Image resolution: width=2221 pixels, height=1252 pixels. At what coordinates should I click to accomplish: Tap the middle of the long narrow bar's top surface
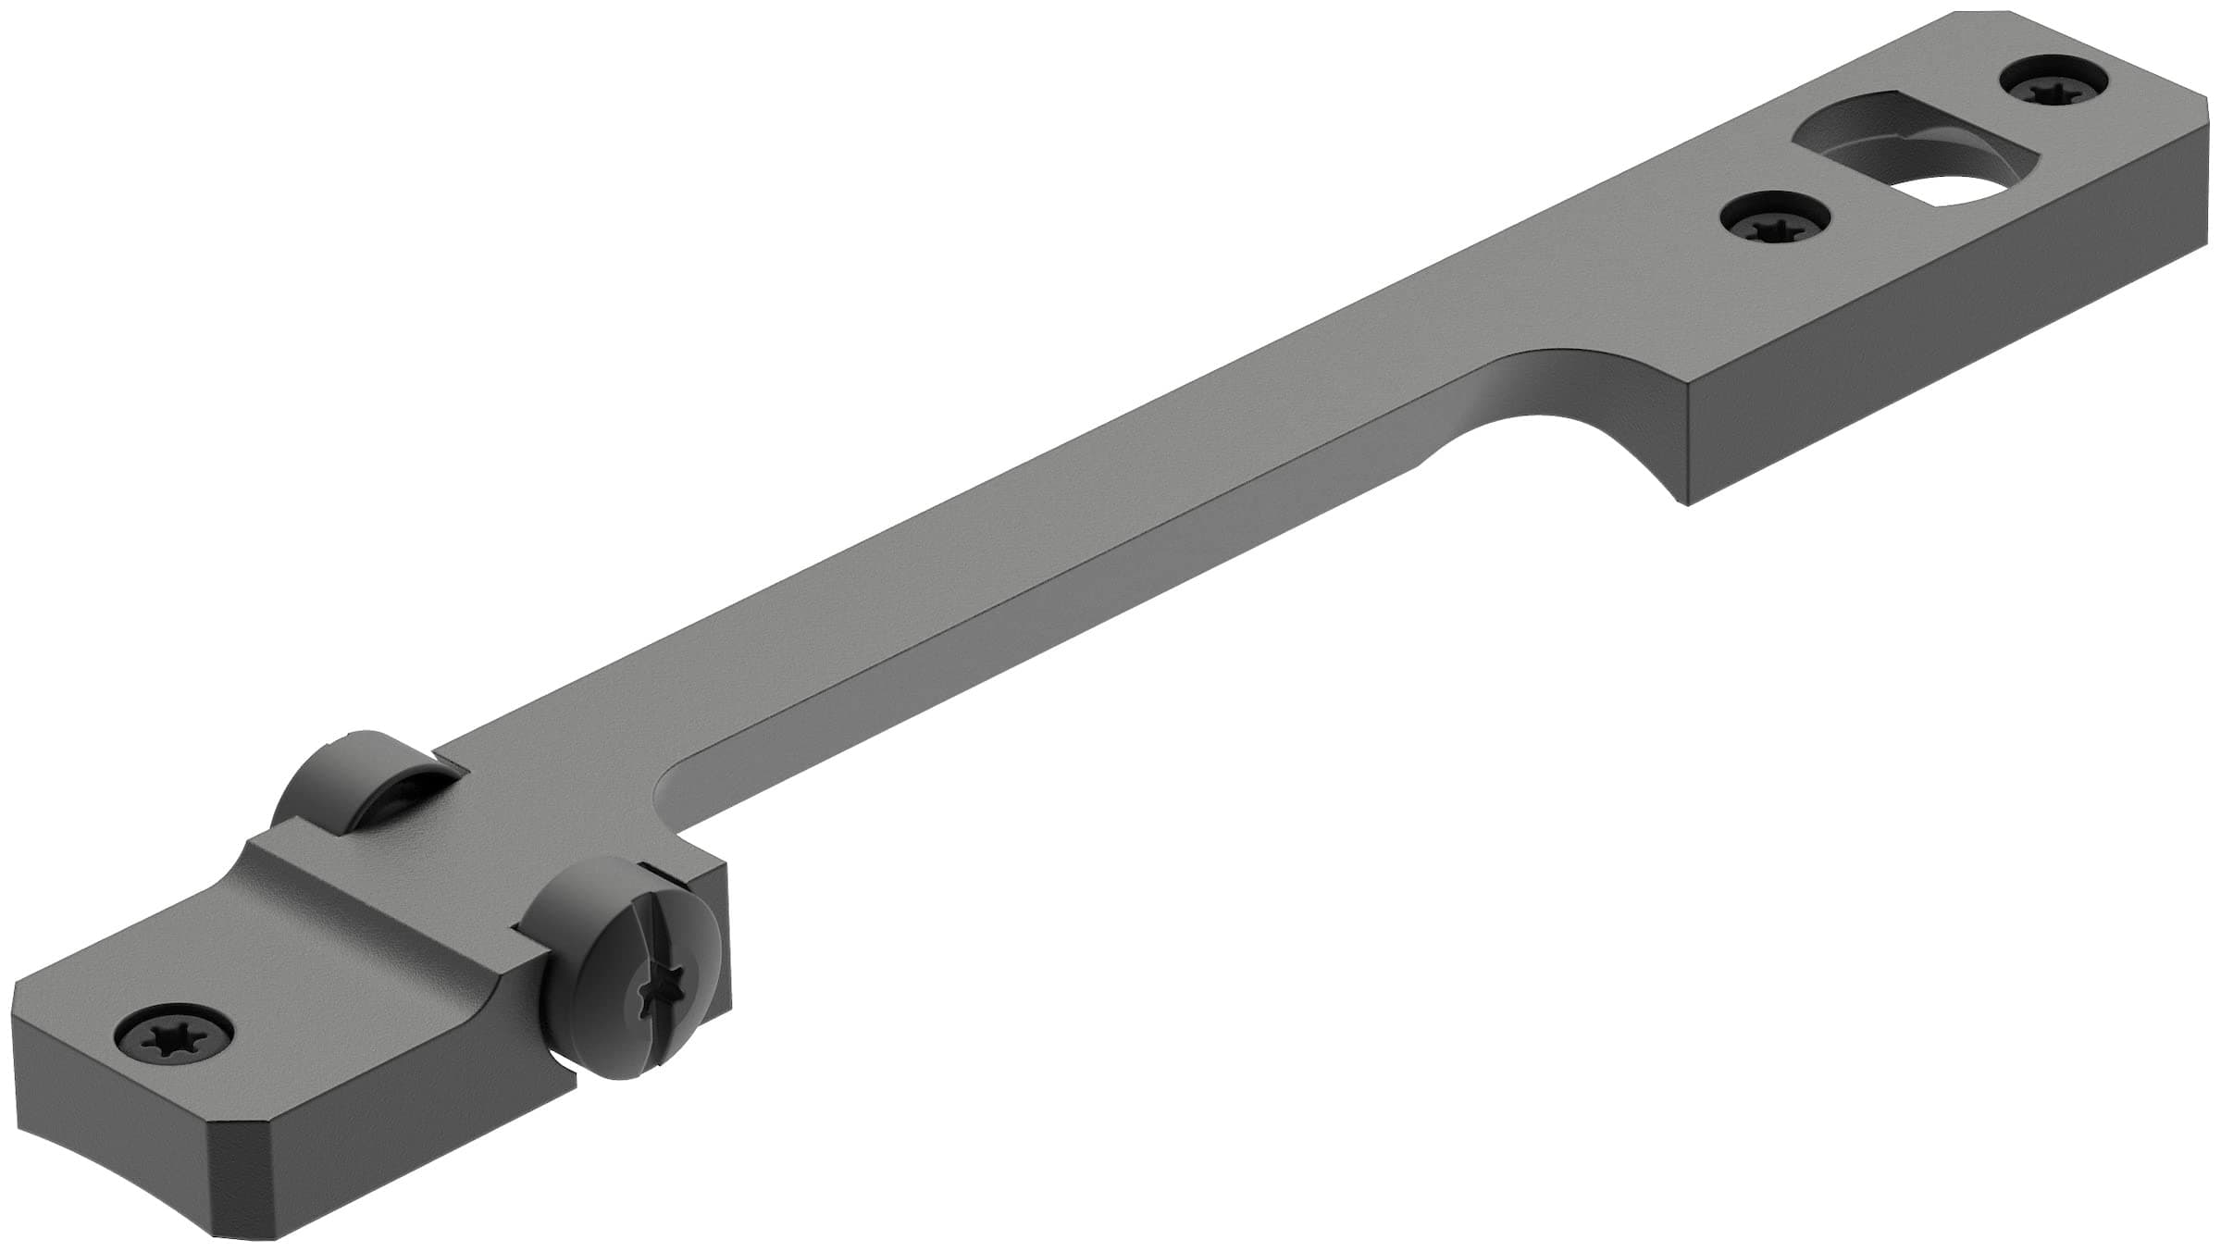pos(1064,518)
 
